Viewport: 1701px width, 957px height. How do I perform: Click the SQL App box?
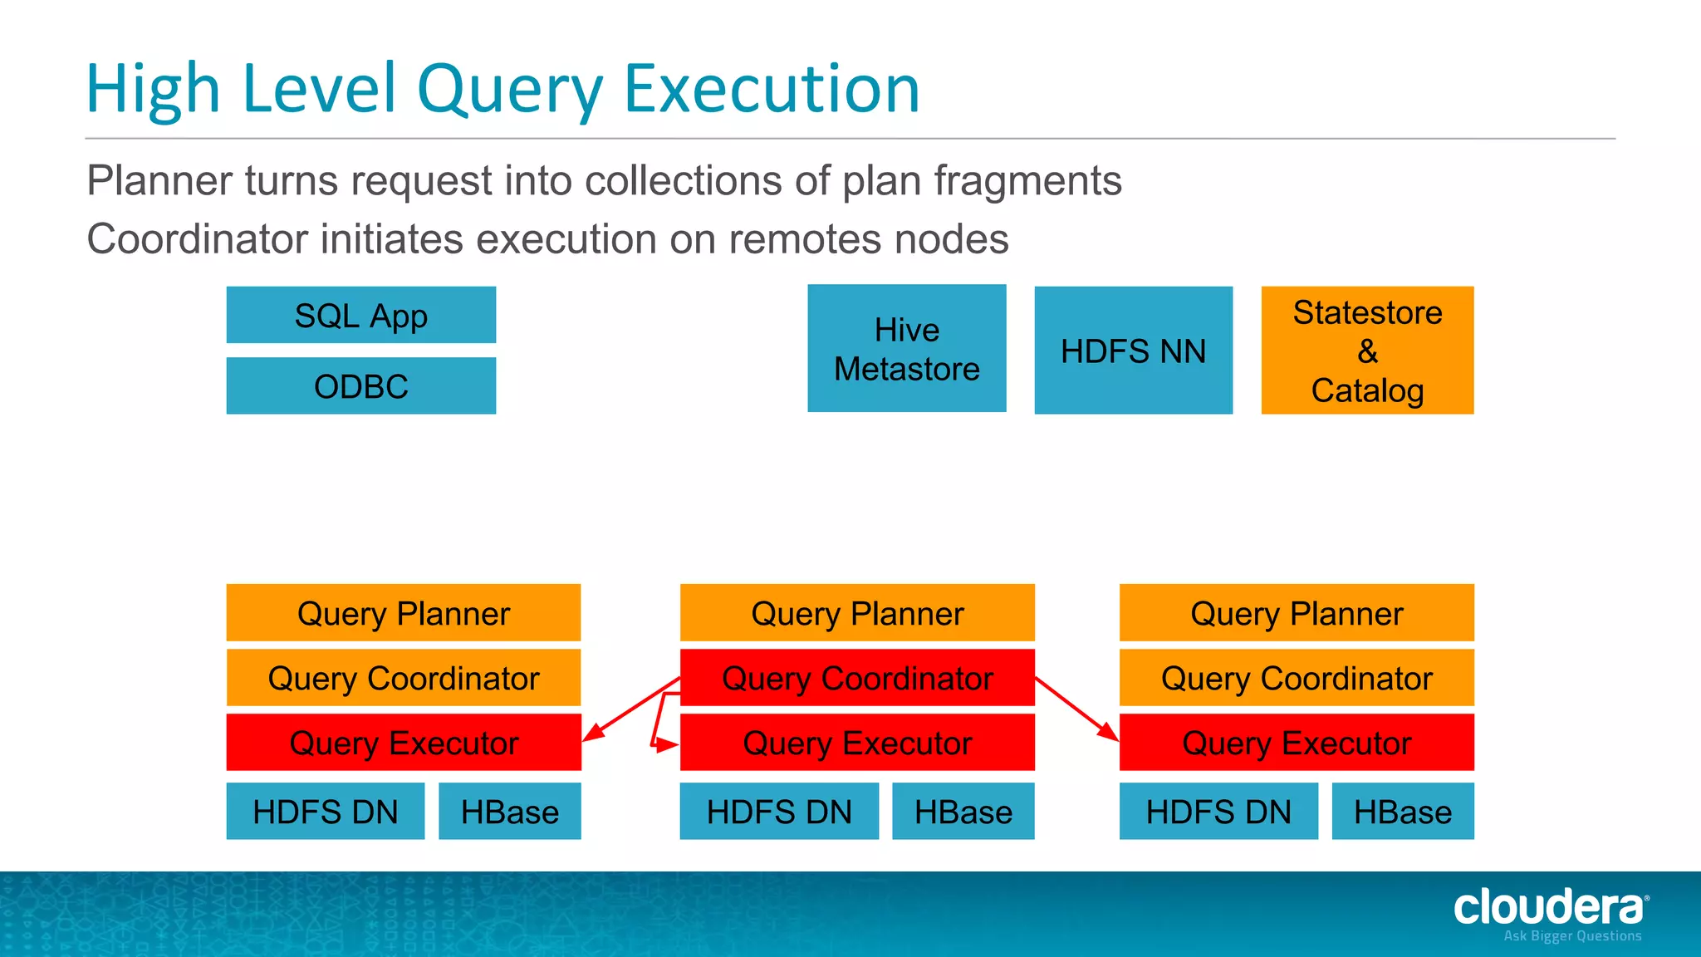(361, 316)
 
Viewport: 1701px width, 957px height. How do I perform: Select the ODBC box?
(361, 386)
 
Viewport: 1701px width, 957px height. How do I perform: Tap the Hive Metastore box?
(907, 349)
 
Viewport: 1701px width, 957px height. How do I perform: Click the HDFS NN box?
(1133, 351)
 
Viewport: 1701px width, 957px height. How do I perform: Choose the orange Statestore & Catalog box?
(1367, 351)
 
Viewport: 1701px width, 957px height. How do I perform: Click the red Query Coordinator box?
(857, 678)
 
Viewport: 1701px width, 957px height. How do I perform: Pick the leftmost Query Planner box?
(404, 613)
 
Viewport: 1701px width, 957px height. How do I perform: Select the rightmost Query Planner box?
(1297, 613)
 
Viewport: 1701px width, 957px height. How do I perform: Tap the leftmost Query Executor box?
(404, 743)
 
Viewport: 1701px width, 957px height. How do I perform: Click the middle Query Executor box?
(857, 743)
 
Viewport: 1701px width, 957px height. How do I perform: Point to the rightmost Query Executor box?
(1297, 743)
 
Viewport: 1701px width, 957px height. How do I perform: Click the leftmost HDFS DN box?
(326, 812)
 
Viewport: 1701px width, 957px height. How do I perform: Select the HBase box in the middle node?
(963, 812)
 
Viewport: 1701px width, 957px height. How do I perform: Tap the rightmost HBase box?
(1403, 812)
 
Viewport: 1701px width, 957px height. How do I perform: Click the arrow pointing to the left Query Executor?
(631, 709)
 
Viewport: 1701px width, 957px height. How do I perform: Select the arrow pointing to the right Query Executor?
(1077, 709)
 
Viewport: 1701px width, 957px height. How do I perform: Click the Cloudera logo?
(1550, 910)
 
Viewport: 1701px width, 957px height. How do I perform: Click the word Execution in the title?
(772, 89)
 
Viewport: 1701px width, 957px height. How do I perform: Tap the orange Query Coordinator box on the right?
(1297, 678)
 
